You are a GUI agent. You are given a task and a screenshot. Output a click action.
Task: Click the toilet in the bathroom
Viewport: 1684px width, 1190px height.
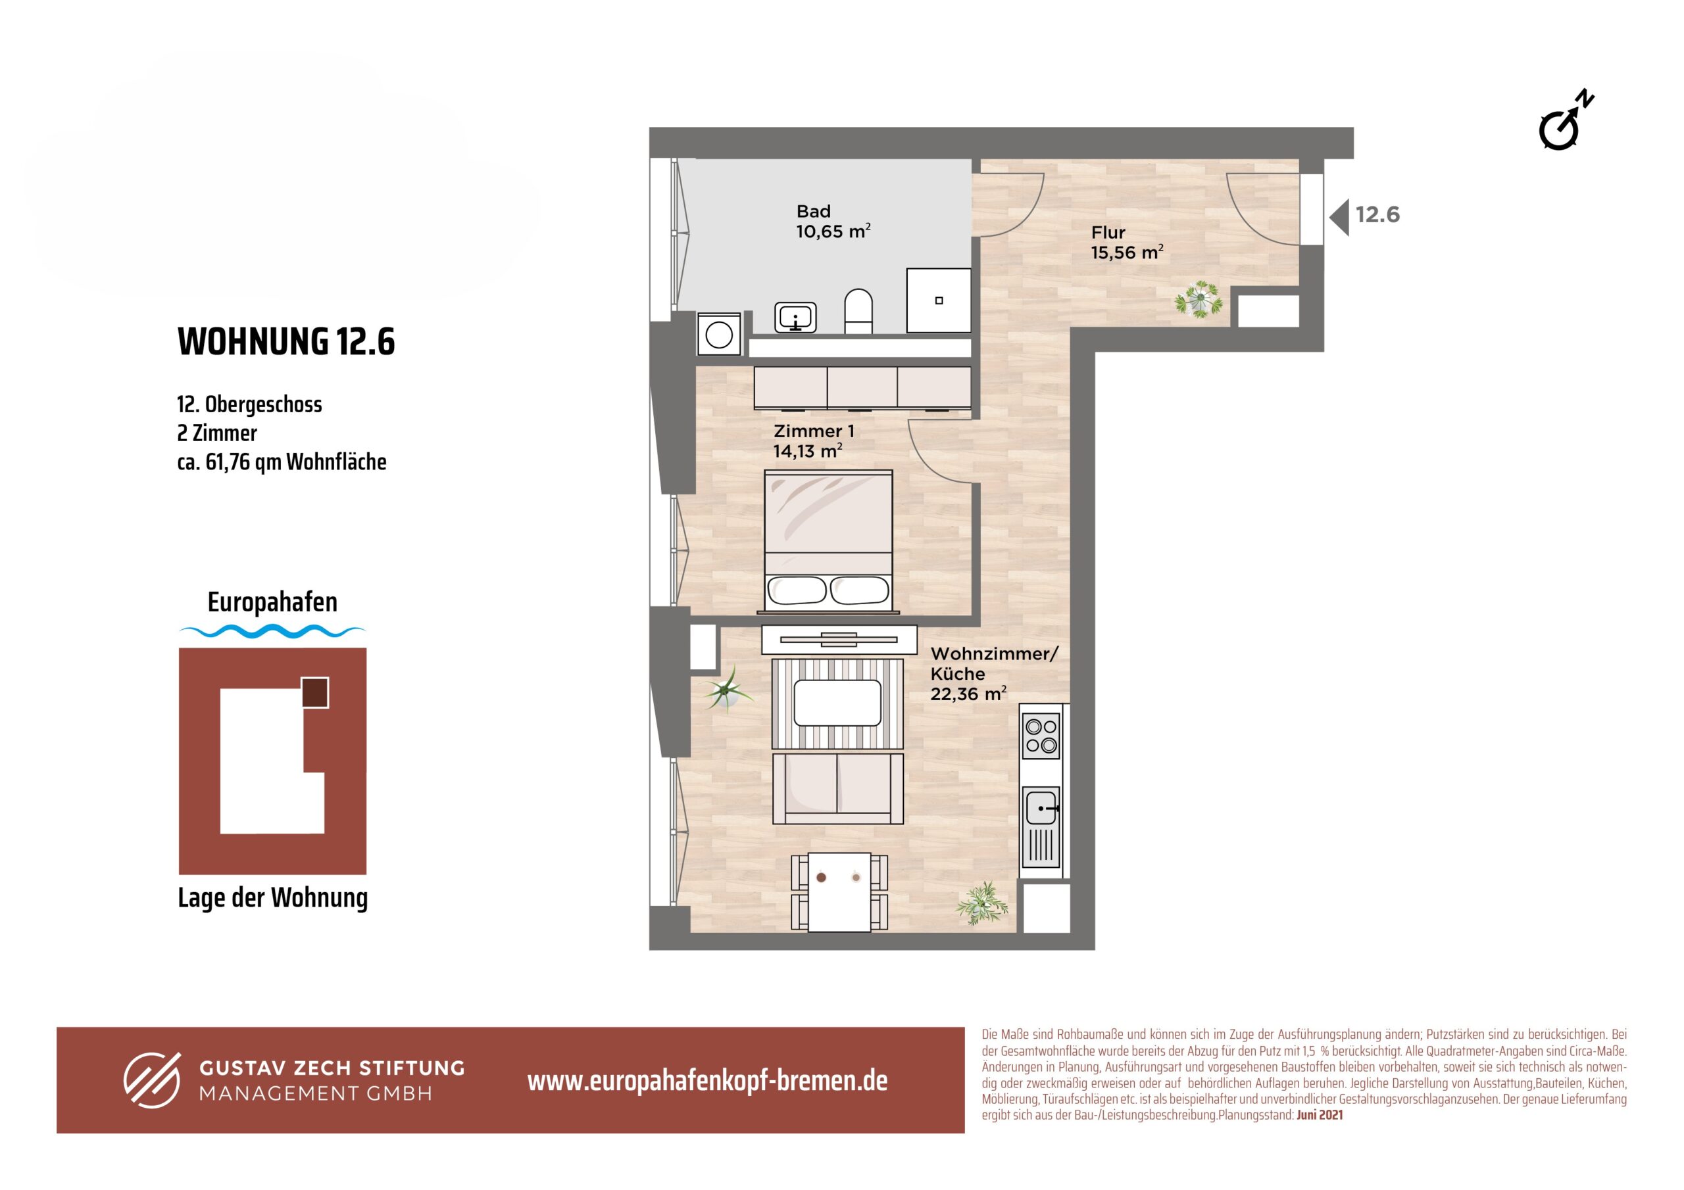point(858,311)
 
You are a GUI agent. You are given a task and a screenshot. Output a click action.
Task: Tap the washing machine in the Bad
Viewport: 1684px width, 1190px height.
point(719,335)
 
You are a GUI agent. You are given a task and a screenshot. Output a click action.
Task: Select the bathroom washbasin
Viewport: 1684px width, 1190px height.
point(796,318)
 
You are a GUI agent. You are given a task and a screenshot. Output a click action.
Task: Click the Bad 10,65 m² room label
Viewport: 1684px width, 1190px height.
point(833,222)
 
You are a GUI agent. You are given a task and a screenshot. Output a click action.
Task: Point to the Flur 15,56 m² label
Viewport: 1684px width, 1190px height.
point(1127,243)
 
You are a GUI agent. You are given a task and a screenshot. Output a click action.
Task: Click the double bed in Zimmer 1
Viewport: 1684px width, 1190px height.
point(829,541)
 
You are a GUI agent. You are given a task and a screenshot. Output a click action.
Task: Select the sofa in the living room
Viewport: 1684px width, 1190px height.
point(837,789)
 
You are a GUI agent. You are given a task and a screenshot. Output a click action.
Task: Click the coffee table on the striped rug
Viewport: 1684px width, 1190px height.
point(837,703)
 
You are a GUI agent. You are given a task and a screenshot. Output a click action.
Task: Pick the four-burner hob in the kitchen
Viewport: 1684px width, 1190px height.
point(1041,736)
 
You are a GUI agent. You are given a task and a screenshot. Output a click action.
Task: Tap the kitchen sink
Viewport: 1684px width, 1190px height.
point(1041,807)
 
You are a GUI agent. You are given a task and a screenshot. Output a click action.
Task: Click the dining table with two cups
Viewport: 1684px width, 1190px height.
point(839,892)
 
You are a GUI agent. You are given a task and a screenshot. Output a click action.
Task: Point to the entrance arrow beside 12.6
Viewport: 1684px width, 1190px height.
point(1339,217)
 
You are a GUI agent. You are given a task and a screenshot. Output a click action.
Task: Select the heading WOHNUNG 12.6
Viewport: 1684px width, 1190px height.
point(286,341)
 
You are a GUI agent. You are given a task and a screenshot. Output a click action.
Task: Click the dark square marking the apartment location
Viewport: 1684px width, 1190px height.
point(315,692)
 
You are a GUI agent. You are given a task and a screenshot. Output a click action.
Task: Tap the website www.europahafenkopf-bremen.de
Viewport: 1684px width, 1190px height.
point(707,1081)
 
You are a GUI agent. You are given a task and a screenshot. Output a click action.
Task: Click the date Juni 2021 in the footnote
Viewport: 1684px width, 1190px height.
point(1320,1115)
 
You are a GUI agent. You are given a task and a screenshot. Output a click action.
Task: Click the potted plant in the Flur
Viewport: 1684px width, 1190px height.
point(1199,299)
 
